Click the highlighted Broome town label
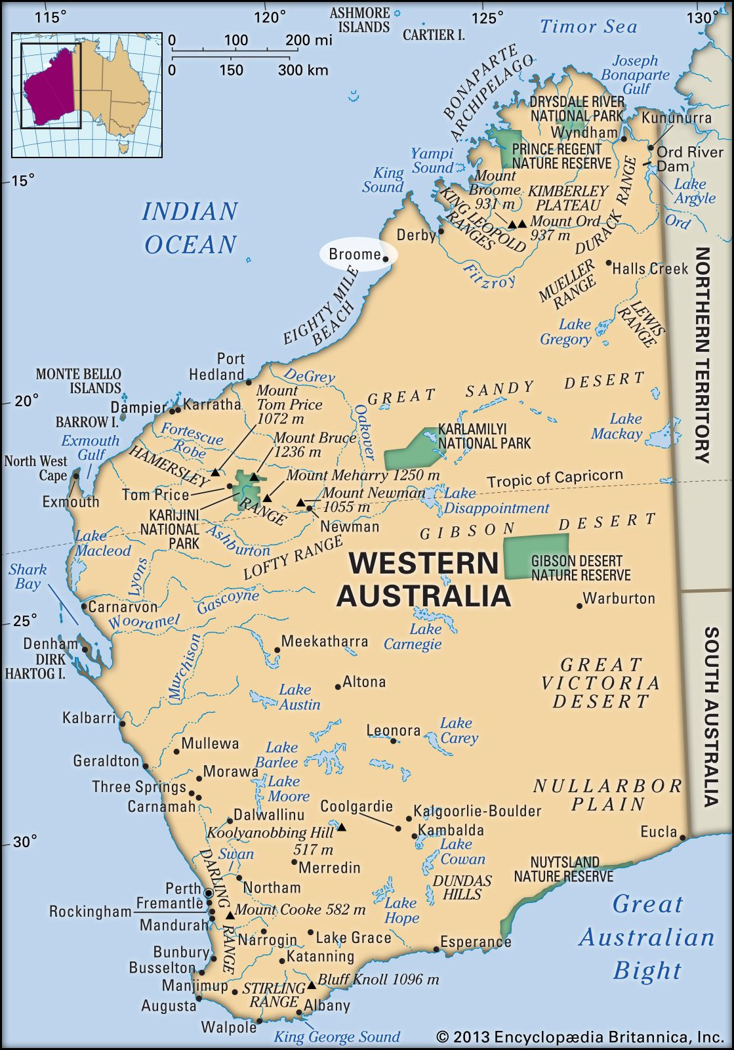click(354, 255)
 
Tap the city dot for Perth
click(209, 893)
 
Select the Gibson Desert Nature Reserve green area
click(536, 556)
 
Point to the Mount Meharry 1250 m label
click(363, 475)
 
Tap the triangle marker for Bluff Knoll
click(312, 984)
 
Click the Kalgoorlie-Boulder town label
click(477, 811)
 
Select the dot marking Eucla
click(683, 837)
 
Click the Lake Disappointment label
click(496, 501)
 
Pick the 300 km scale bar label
click(303, 70)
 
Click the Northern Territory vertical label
click(703, 354)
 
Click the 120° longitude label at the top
click(270, 18)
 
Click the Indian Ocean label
click(190, 228)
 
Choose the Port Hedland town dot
click(249, 382)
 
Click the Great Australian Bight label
click(647, 936)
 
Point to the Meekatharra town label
click(324, 641)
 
